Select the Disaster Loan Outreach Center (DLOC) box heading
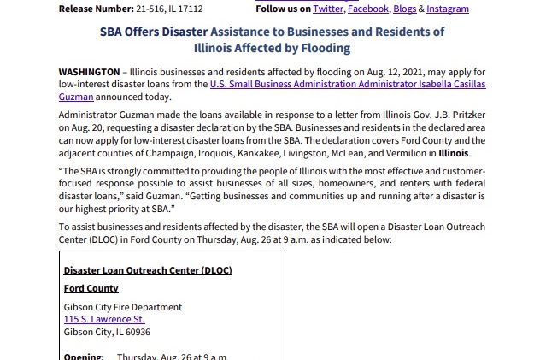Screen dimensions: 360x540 (148, 271)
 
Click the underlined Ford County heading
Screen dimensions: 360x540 (91, 289)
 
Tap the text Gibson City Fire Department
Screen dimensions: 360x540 (123, 307)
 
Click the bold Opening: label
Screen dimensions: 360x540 (84, 357)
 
